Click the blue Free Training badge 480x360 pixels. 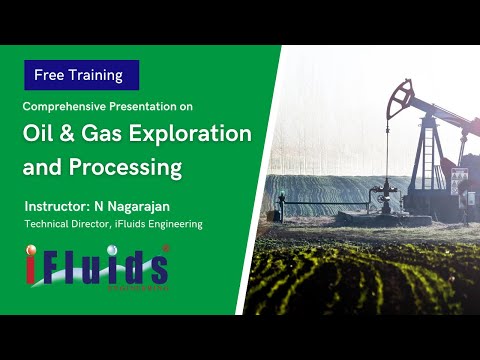(81, 75)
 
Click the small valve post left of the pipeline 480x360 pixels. (281, 205)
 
